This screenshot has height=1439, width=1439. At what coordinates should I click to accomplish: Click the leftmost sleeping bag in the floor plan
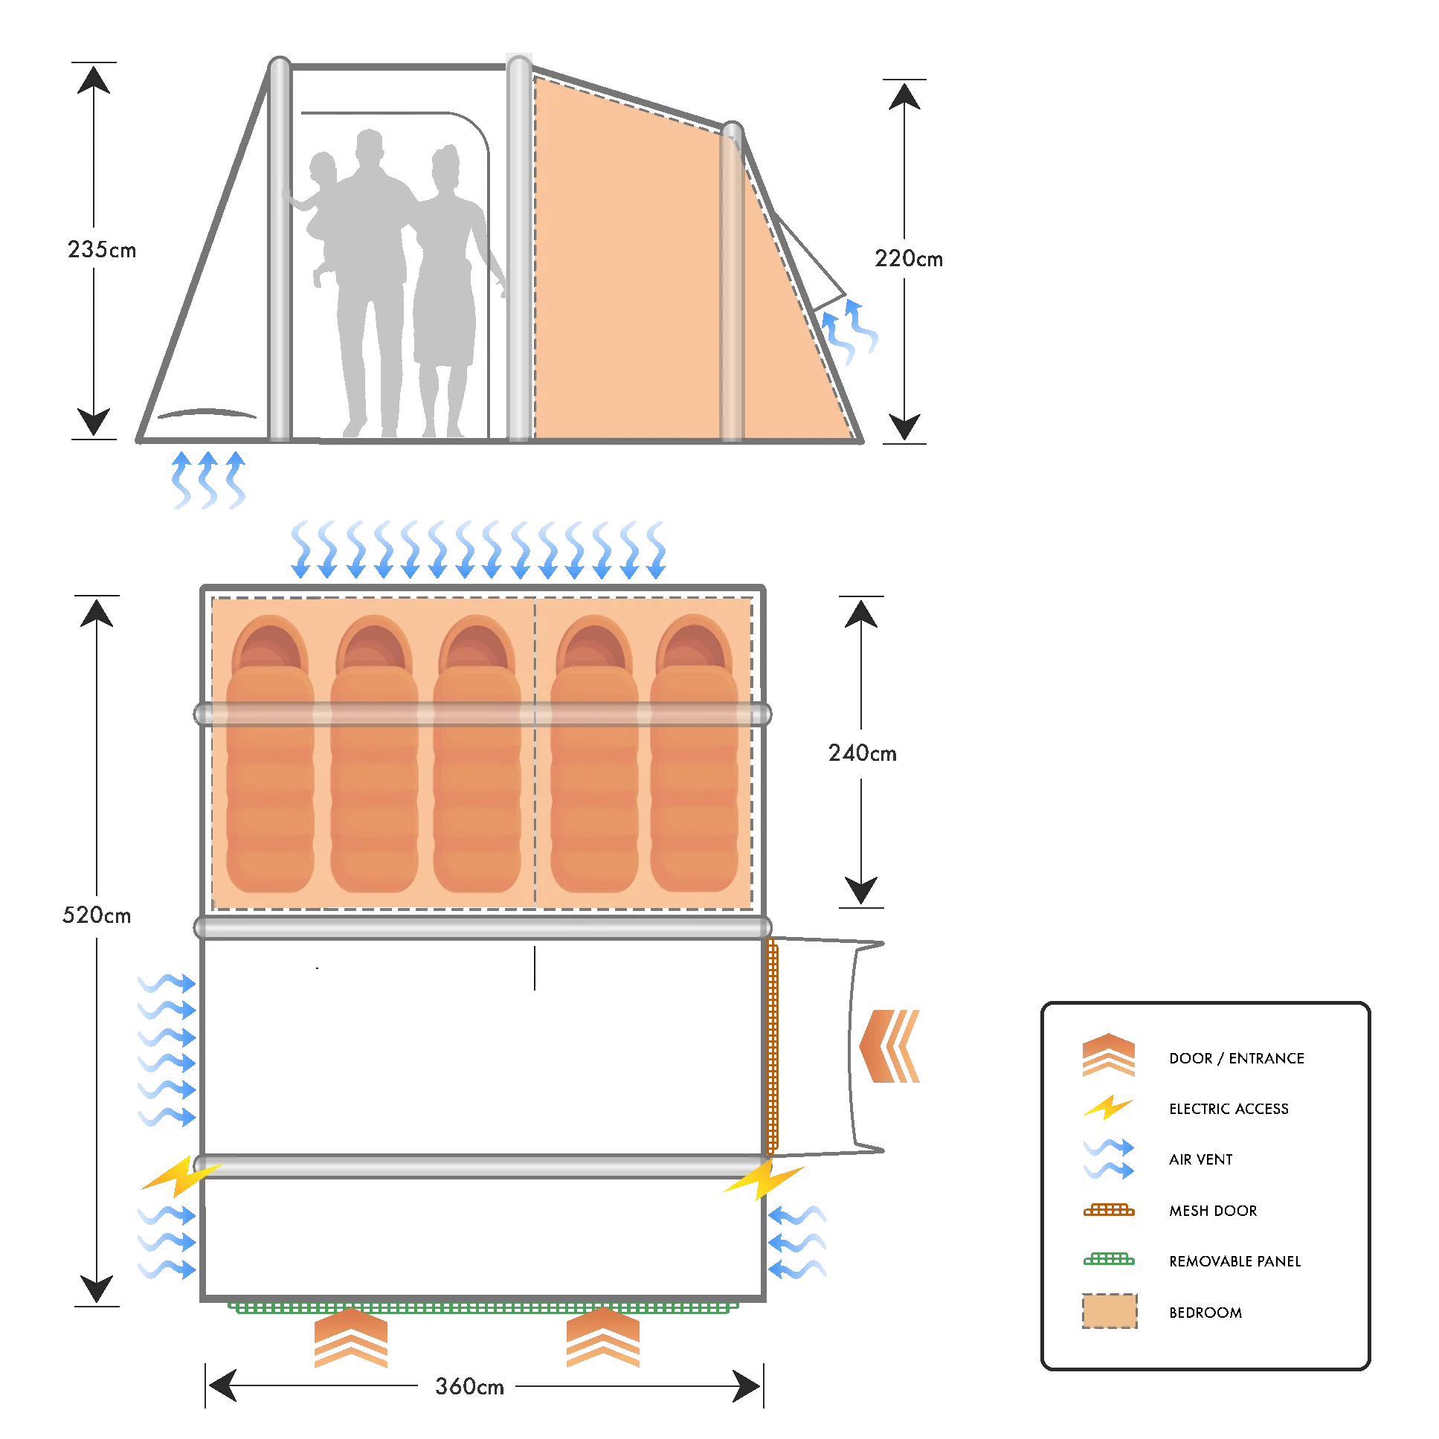(270, 756)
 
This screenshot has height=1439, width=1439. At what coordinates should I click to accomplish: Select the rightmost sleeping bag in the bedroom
(694, 756)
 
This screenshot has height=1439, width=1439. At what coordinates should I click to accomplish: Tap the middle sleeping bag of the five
(476, 756)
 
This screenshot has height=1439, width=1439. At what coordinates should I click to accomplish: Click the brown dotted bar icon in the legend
(1109, 1212)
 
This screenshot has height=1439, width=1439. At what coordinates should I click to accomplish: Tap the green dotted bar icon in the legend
(1109, 1261)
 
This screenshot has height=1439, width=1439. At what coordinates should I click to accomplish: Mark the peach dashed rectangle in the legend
(1109, 1313)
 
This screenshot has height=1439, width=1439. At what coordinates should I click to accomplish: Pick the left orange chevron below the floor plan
(350, 1339)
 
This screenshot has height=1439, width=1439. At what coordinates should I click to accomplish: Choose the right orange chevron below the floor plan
(603, 1339)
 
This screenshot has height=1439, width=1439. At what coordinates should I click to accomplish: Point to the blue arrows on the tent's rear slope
(850, 332)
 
